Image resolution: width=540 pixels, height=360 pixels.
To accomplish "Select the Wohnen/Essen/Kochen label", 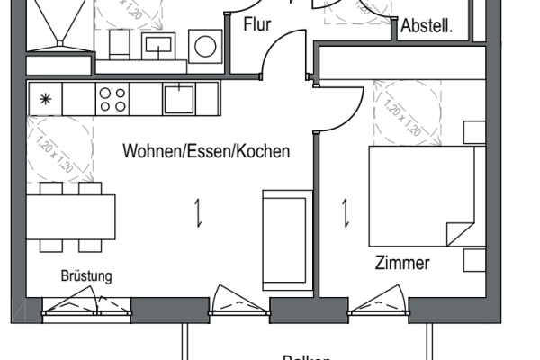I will point(206,151).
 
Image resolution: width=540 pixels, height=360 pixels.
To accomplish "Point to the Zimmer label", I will point(402,264).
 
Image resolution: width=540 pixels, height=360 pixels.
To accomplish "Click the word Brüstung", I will point(86,276).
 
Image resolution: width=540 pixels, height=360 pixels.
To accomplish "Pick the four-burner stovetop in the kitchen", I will point(112,98).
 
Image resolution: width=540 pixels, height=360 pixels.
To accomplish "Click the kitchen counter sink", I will point(178,98).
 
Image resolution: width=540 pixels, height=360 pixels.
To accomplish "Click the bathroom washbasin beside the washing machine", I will point(164,43).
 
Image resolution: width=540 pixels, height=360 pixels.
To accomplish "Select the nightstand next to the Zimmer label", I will point(474,261).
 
